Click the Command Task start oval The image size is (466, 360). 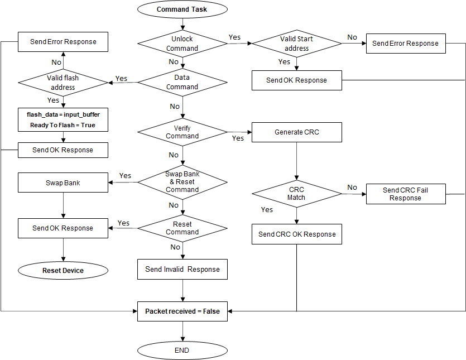(x=182, y=9)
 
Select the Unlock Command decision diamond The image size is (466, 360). (x=182, y=44)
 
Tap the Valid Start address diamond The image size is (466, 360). (x=296, y=44)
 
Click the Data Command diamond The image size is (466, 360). (x=182, y=82)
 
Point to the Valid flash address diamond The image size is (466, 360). (x=63, y=83)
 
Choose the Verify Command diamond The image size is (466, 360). (x=182, y=132)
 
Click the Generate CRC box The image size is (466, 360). (x=296, y=132)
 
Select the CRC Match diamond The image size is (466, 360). (x=296, y=194)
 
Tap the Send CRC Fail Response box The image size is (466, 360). (x=406, y=194)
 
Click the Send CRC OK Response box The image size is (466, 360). (x=296, y=234)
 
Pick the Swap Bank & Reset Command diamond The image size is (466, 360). (x=182, y=182)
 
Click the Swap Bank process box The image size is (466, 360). (x=63, y=183)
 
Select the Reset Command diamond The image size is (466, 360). (x=182, y=228)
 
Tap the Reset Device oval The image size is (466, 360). (x=63, y=271)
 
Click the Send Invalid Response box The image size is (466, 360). (x=182, y=269)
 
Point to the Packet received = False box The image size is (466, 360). (x=182, y=311)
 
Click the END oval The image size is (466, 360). (x=182, y=351)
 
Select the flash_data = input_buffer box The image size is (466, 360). (x=63, y=119)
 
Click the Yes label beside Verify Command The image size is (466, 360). (x=238, y=138)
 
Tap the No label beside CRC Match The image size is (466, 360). (x=352, y=187)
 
